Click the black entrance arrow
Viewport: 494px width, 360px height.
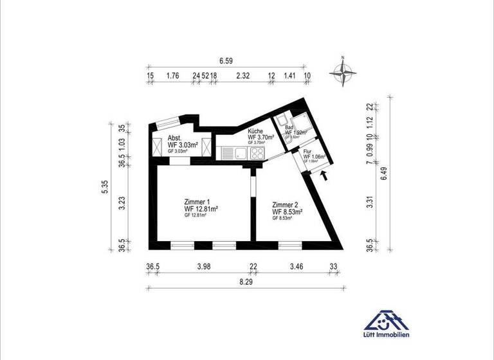click(324, 174)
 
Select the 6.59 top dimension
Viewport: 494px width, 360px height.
click(226, 60)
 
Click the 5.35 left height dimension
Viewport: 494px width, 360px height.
click(131, 187)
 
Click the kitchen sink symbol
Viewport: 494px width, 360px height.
click(240, 154)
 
